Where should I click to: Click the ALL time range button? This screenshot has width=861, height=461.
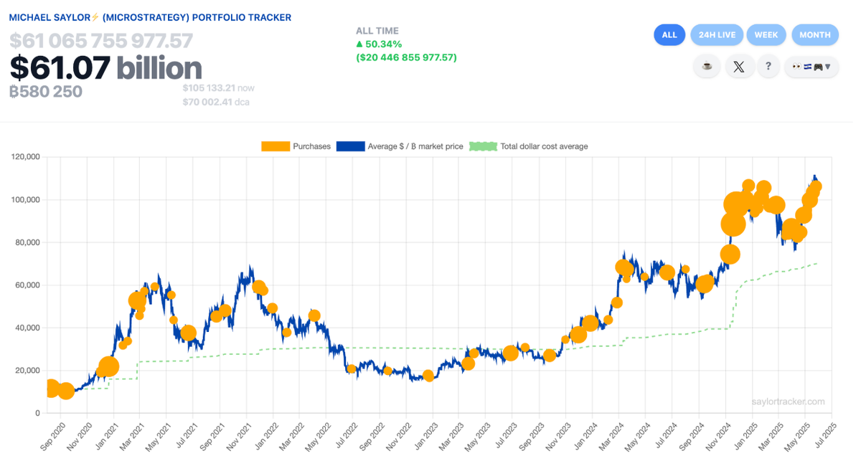tap(669, 34)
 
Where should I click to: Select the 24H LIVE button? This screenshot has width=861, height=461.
tap(716, 34)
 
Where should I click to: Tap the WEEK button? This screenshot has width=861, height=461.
tap(766, 34)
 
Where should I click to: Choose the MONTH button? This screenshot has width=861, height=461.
tap(814, 34)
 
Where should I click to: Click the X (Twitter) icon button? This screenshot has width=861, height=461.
tap(739, 67)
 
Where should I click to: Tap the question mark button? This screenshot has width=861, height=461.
tap(768, 67)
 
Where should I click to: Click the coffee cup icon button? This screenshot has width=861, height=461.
tap(707, 67)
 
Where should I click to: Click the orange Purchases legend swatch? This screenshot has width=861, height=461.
tap(275, 146)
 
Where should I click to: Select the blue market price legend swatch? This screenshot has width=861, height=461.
tap(350, 146)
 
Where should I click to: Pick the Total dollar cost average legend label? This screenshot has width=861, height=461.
tap(544, 146)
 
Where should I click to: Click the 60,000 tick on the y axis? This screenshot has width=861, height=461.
tap(28, 285)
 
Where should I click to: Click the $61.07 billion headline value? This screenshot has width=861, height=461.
tap(105, 68)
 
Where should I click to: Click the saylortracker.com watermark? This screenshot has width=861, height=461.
tap(789, 402)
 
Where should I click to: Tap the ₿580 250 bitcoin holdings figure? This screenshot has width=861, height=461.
tap(46, 92)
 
